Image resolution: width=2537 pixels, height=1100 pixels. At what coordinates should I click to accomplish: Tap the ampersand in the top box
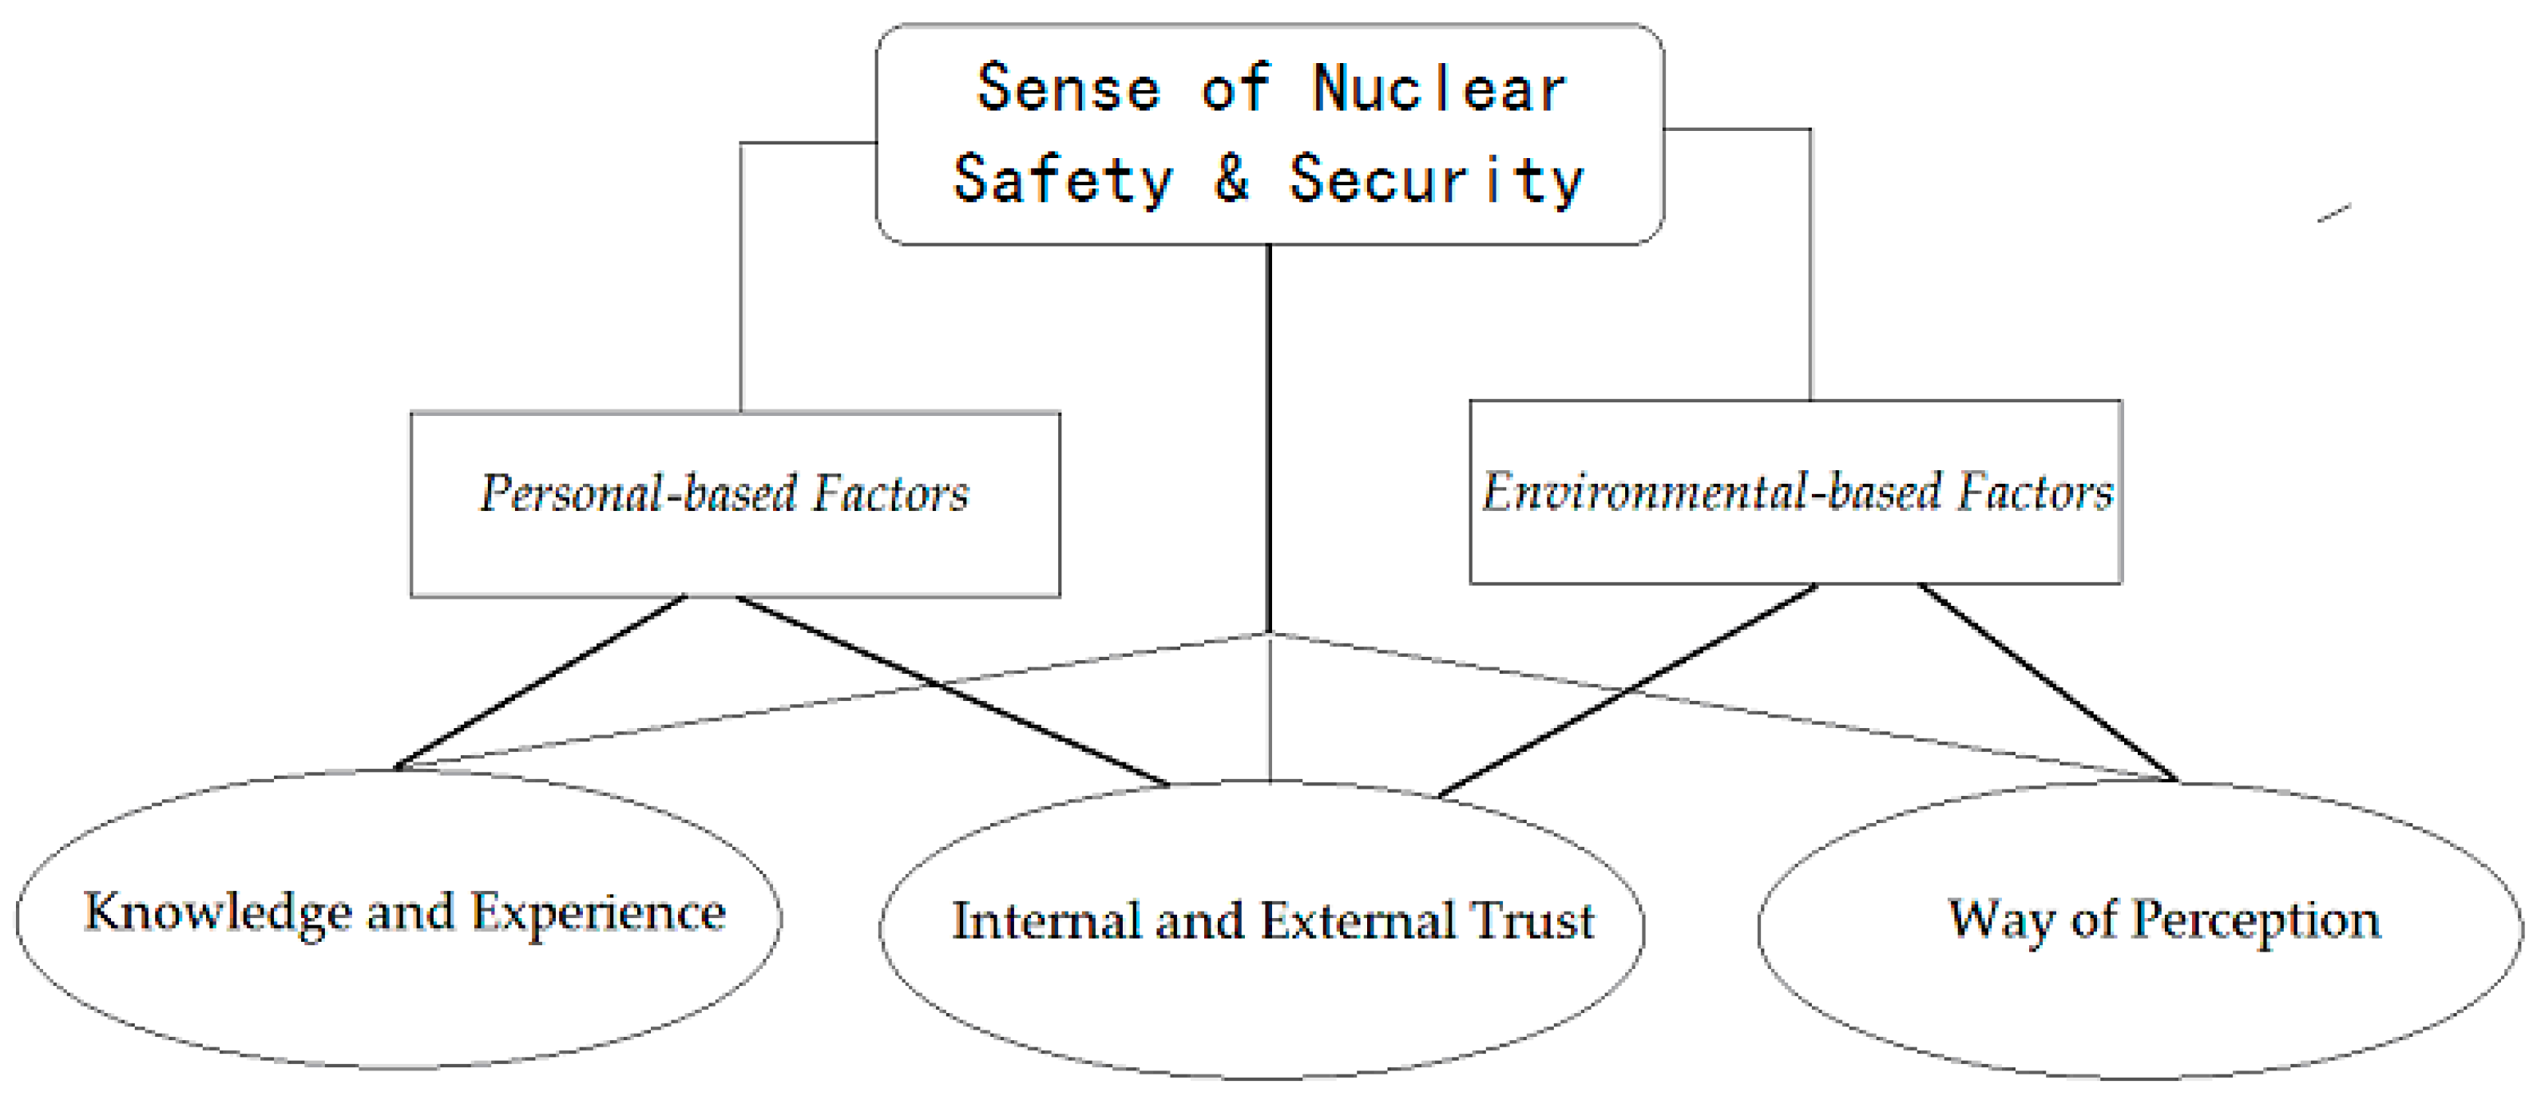point(1231,180)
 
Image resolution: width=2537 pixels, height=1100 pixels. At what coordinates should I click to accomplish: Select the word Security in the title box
point(1436,181)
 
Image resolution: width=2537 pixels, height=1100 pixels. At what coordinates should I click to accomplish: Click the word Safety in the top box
point(1064,181)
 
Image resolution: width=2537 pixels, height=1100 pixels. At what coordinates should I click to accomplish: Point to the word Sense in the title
point(1068,89)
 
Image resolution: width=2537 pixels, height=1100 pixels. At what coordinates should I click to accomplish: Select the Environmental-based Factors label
point(1798,492)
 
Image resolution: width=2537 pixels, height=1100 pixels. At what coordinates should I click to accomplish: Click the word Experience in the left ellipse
point(598,913)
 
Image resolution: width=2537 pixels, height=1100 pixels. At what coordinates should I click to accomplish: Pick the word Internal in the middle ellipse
point(1045,920)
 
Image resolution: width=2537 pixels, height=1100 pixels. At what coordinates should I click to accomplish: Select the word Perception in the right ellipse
point(2255,920)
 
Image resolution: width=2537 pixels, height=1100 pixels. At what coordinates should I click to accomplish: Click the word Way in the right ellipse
point(2002,920)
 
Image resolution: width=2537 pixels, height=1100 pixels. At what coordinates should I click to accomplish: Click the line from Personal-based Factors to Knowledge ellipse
point(540,683)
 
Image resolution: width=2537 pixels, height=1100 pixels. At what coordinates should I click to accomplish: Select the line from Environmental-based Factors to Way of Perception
point(2047,682)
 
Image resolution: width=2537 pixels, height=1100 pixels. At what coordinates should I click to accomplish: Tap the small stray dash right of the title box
point(2334,212)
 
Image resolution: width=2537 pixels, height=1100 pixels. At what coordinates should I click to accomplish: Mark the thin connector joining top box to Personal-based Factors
point(740,275)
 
